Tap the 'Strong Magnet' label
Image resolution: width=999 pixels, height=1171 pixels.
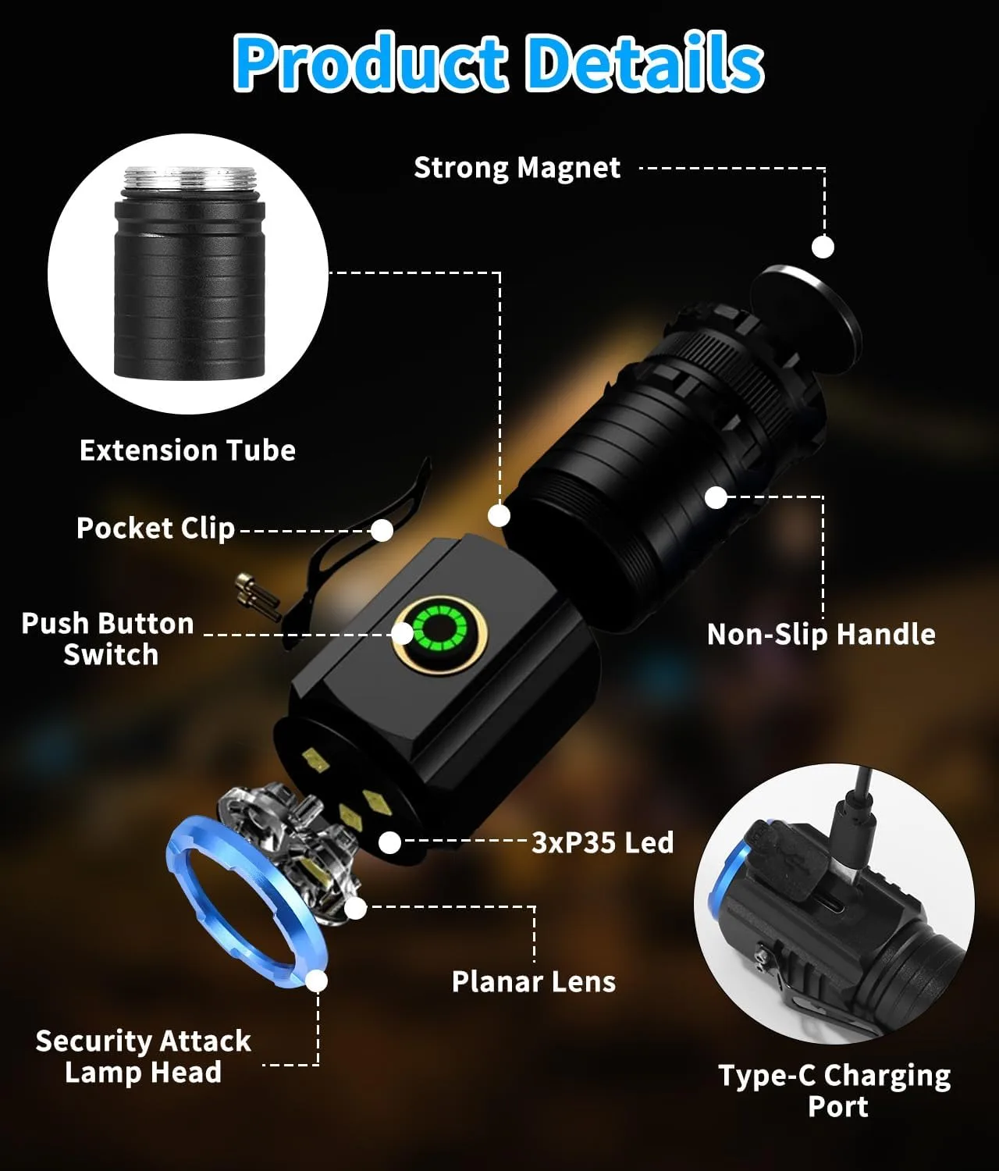click(x=517, y=169)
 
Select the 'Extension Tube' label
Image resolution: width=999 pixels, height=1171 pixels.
click(x=187, y=450)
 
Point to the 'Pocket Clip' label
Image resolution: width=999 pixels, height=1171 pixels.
click(x=156, y=528)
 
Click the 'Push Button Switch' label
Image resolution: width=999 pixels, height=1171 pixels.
click(x=108, y=639)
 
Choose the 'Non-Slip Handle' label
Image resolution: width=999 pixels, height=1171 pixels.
click(x=821, y=635)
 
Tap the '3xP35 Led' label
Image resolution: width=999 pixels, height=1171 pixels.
click(x=603, y=842)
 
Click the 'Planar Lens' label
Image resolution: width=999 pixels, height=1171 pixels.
click(x=534, y=982)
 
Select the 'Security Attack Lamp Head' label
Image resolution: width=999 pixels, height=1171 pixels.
click(x=144, y=1056)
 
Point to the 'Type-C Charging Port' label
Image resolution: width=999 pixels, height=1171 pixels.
click(x=835, y=1091)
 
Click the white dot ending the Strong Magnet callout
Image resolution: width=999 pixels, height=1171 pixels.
click(x=823, y=247)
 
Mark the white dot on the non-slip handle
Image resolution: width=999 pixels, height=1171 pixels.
click(x=716, y=497)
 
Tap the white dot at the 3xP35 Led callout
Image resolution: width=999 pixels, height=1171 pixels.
click(x=389, y=842)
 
